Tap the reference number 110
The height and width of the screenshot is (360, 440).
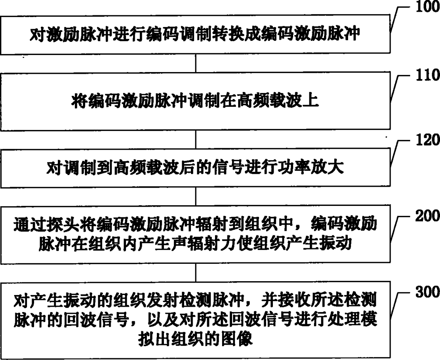pyautogui.click(x=427, y=75)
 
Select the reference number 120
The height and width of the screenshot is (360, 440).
pyautogui.click(x=427, y=140)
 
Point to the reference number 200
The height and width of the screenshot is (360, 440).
pyautogui.click(x=427, y=216)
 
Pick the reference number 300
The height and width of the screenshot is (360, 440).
pyautogui.click(x=427, y=292)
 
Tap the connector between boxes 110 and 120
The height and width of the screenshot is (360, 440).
pyautogui.click(x=196, y=139)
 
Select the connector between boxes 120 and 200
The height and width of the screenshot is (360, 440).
pyautogui.click(x=196, y=196)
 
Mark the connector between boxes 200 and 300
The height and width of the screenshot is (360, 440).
pyautogui.click(x=196, y=273)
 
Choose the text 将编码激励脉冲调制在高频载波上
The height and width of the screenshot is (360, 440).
pyautogui.click(x=195, y=101)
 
